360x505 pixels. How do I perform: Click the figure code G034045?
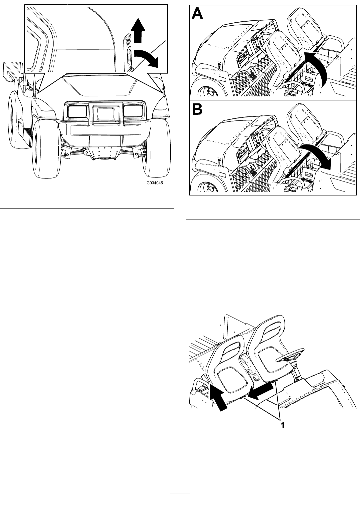[x=155, y=183]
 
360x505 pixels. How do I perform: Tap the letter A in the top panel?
[x=197, y=13]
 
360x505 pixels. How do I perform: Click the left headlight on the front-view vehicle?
[x=77, y=111]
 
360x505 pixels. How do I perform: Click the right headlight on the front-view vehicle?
[x=133, y=111]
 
